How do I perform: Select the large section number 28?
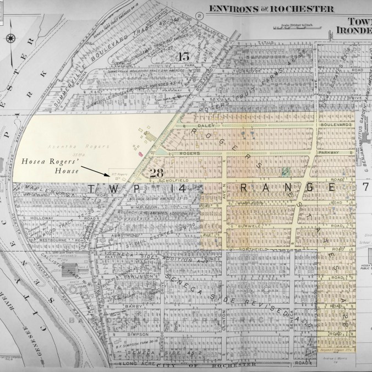click(x=155, y=174)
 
